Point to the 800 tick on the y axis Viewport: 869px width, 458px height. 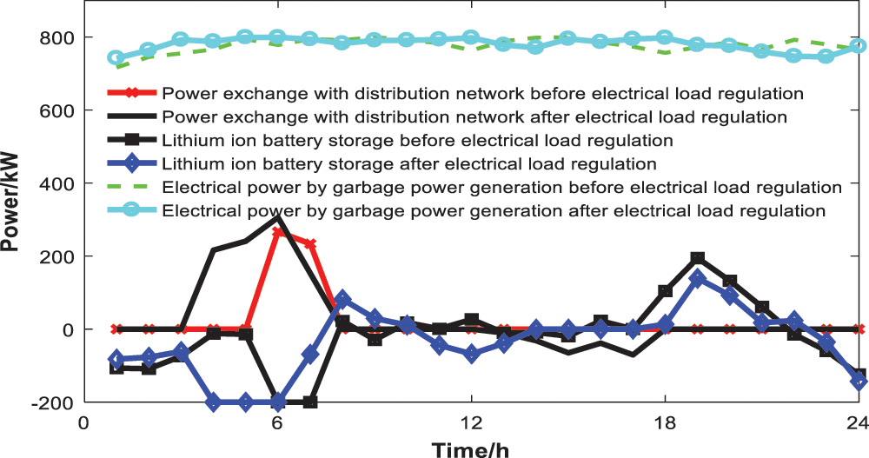[x=58, y=37]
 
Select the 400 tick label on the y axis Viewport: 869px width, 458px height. [x=58, y=183]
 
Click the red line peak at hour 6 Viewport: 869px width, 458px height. [x=277, y=233]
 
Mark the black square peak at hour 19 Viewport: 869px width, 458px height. [x=697, y=258]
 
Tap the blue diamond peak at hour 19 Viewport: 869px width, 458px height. [x=697, y=279]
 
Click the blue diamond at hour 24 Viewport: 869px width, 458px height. [x=859, y=382]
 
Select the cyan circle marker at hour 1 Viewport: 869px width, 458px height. [x=116, y=58]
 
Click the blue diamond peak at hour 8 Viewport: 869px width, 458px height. [x=342, y=300]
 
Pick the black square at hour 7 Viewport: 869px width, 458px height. [x=310, y=402]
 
